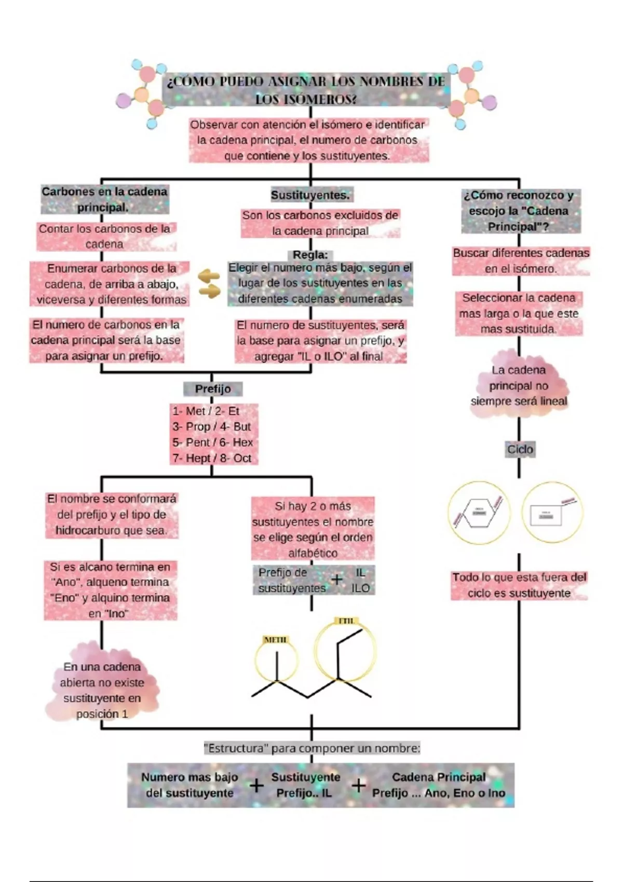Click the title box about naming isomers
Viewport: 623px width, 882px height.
(306, 89)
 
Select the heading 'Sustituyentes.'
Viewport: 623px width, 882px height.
(310, 195)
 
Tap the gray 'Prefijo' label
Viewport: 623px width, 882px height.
(213, 389)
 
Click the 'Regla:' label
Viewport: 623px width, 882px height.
(310, 255)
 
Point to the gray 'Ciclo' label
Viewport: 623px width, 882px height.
(520, 449)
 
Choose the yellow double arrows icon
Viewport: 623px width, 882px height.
(209, 284)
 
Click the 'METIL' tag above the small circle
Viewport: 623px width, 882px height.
(275, 640)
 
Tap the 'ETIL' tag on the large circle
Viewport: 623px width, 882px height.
(346, 621)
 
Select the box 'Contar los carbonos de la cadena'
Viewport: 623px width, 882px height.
(105, 237)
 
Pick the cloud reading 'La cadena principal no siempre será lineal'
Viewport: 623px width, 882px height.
(519, 385)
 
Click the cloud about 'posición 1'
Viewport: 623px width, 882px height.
(102, 690)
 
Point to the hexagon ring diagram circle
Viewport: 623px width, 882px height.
(479, 513)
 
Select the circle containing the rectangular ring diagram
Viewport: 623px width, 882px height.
(552, 513)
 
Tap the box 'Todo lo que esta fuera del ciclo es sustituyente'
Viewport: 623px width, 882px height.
(519, 585)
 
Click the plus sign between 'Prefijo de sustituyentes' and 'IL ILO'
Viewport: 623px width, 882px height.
(337, 580)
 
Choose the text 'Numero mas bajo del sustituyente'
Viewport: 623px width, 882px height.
(189, 785)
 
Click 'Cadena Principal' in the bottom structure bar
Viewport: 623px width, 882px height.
(439, 777)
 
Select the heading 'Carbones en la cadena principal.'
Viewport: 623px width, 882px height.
(105, 199)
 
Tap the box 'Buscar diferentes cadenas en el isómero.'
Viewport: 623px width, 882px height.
(521, 261)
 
